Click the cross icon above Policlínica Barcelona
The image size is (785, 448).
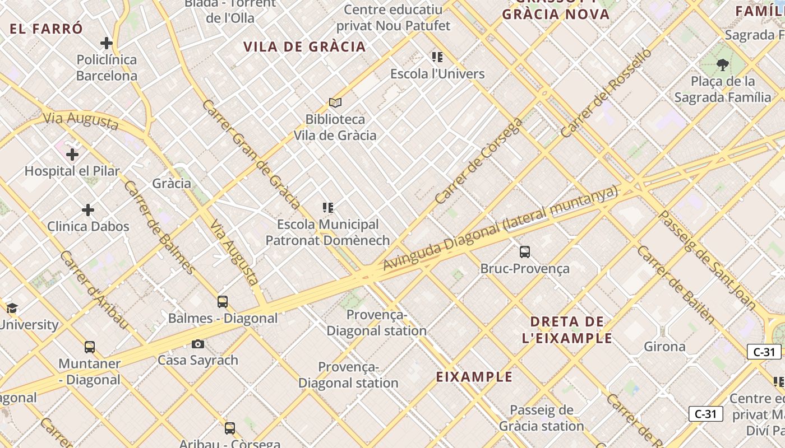[x=106, y=43]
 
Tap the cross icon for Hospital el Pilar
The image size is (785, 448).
[x=72, y=154]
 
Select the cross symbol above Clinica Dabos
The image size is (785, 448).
[x=88, y=210]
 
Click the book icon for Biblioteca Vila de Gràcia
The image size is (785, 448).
[x=335, y=102]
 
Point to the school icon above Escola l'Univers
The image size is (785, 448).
[x=437, y=57]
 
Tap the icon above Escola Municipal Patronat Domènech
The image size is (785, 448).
[x=328, y=208]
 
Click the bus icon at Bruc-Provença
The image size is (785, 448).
[x=525, y=252]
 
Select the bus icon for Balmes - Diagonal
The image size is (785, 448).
[x=223, y=302]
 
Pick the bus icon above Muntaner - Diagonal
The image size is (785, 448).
[x=90, y=347]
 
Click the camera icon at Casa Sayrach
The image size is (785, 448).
[x=198, y=344]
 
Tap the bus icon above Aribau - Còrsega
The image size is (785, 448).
[x=230, y=428]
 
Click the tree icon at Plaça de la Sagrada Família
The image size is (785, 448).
[x=723, y=65]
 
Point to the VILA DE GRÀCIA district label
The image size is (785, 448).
[x=304, y=46]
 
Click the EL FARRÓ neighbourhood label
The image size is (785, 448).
[x=47, y=29]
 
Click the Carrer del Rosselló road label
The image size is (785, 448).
[x=606, y=92]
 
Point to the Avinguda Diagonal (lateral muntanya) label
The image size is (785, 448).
[x=500, y=228]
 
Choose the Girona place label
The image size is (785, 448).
[x=664, y=346]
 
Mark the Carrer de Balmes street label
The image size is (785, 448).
[x=159, y=227]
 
